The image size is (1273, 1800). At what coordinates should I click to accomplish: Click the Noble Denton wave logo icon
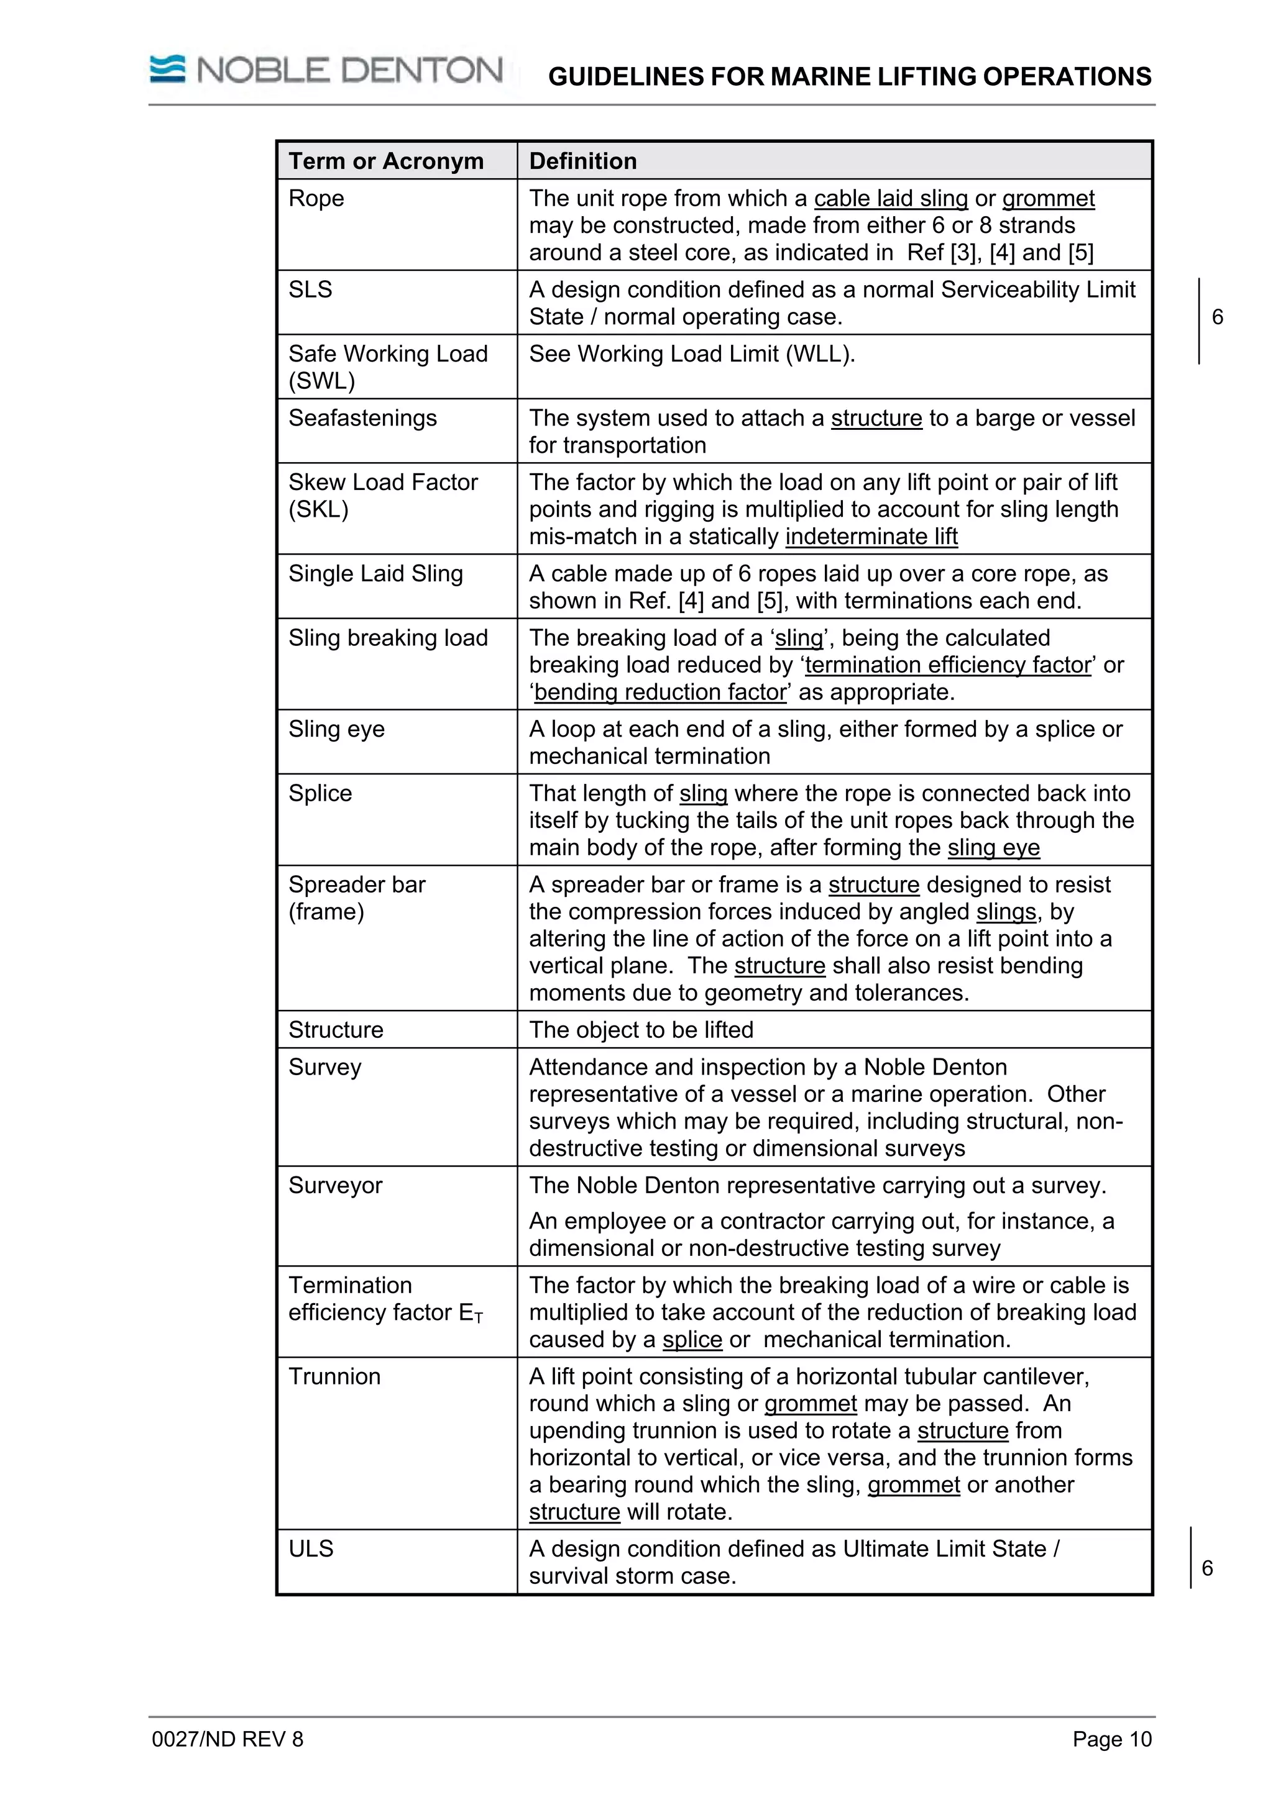pos(167,69)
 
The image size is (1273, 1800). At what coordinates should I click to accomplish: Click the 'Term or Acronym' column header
pos(385,161)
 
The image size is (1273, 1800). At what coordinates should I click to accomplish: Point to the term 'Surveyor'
pos(335,1184)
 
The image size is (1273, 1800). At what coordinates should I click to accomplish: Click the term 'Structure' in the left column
pos(335,1029)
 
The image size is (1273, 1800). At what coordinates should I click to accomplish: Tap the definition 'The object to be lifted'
pos(640,1029)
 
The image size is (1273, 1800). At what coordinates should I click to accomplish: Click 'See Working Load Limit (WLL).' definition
pos(691,353)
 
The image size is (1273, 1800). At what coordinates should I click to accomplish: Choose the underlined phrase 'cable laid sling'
pos(890,198)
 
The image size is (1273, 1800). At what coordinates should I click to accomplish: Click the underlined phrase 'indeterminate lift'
pos(871,536)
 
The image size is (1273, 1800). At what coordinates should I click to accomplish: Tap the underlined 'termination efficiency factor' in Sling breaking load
pos(947,665)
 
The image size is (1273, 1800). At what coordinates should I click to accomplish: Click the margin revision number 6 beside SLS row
pos(1216,317)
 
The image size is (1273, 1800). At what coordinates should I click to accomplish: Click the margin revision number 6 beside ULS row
pos(1207,1568)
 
